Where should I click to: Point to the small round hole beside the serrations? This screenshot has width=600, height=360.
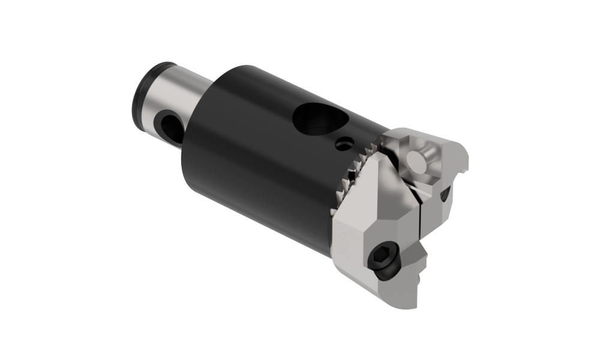(343, 144)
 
